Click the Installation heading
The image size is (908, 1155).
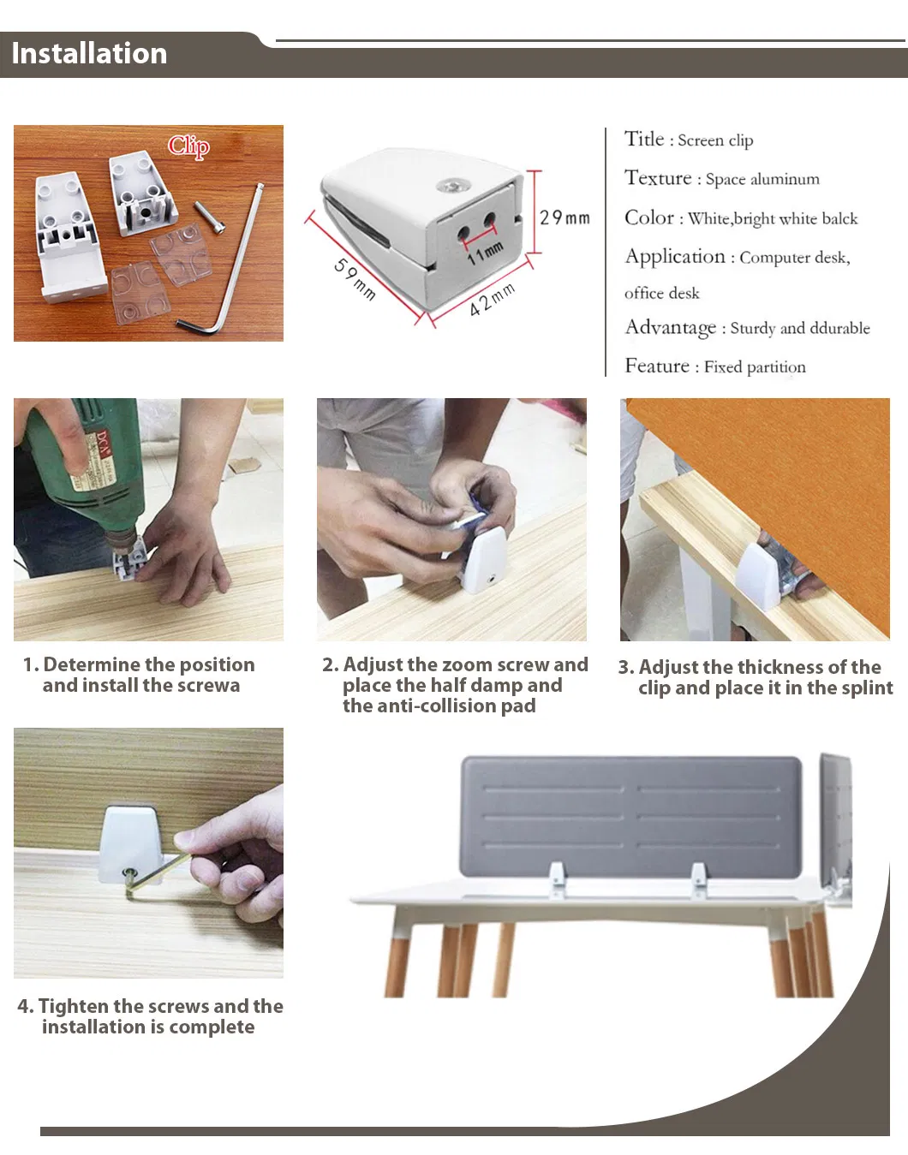tap(89, 54)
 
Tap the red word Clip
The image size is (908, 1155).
tap(188, 146)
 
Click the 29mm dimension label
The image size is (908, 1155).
tap(565, 217)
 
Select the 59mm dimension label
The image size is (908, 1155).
tap(355, 279)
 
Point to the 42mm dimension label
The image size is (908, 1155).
tap(493, 301)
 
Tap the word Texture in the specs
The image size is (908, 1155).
tap(658, 177)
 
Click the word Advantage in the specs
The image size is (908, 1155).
tap(671, 327)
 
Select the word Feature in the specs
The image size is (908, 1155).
tap(657, 366)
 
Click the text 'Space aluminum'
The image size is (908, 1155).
tap(762, 179)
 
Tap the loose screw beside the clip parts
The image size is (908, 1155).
tap(210, 217)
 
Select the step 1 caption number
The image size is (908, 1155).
tap(31, 665)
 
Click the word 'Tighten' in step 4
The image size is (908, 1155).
tap(74, 1007)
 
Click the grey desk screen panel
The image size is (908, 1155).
tap(630, 817)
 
